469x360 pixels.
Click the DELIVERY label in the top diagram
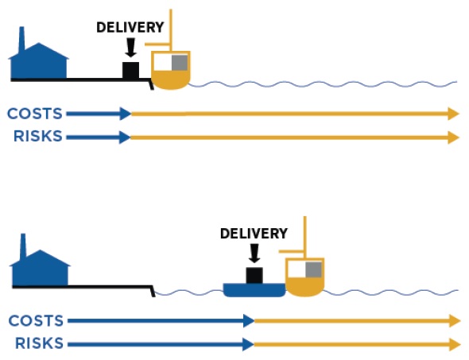pos(130,27)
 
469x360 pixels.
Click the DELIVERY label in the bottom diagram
pos(254,234)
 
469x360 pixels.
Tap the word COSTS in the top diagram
pos(35,114)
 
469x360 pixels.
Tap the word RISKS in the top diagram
pos(38,136)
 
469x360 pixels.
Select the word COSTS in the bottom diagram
pos(36,321)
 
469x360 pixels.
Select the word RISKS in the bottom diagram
pos(39,343)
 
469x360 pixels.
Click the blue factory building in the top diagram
pos(39,60)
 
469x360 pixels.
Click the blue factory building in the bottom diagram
pos(40,267)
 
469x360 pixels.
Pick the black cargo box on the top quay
pos(130,70)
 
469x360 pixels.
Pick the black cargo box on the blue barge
pos(254,276)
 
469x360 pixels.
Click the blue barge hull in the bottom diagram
pos(254,290)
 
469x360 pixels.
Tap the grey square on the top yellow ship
pos(180,63)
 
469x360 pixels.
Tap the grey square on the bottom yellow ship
pos(313,269)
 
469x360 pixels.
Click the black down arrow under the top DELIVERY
pos(130,47)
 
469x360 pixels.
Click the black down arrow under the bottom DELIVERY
pos(254,254)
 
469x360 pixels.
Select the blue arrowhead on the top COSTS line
pos(126,114)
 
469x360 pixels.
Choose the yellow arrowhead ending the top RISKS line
pos(453,137)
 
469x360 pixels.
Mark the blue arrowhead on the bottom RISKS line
pos(249,344)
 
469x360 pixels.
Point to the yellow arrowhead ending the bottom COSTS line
pos(455,321)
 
